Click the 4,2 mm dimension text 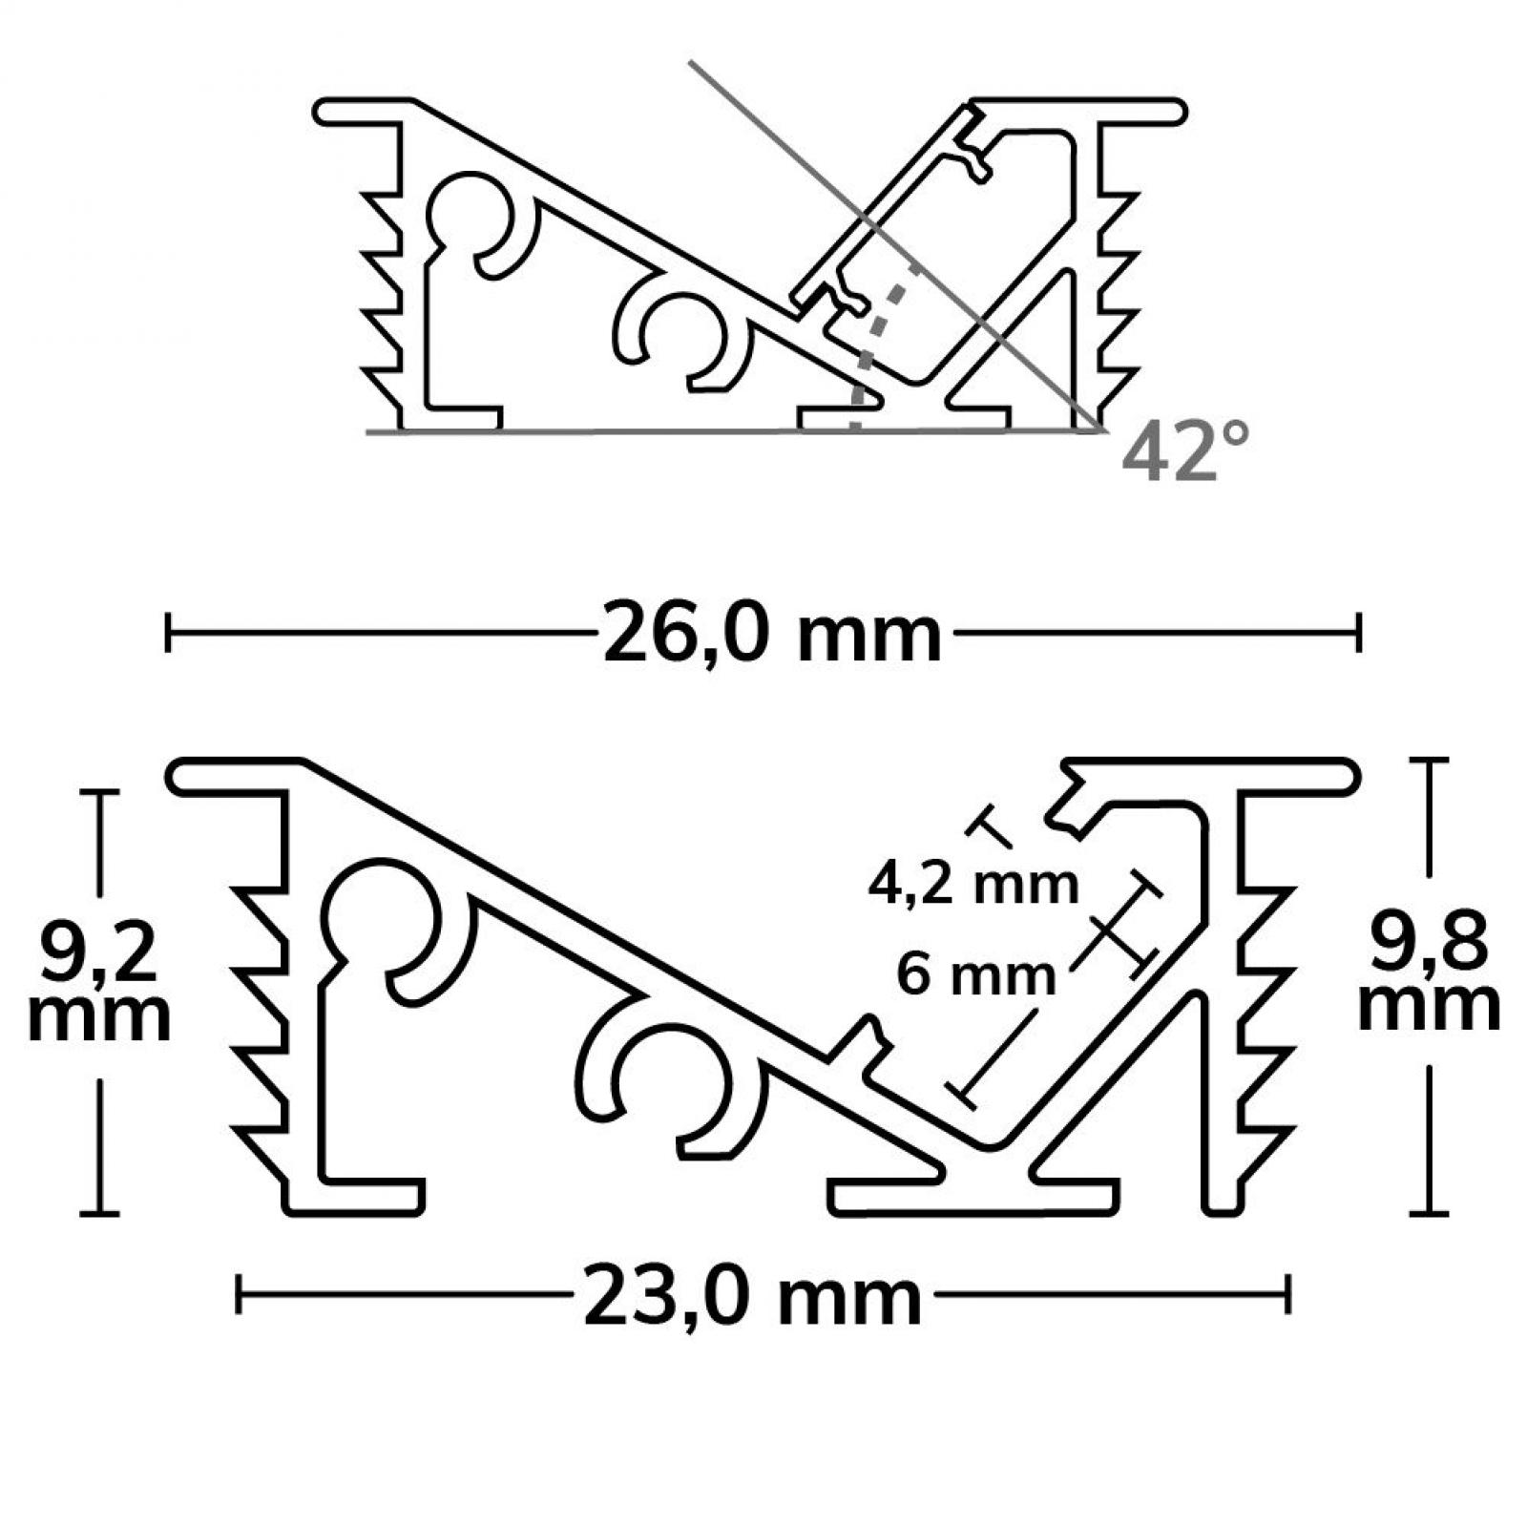tap(973, 885)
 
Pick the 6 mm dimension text tap(976, 976)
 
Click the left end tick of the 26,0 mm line tap(168, 633)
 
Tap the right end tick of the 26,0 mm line tap(1357, 633)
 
